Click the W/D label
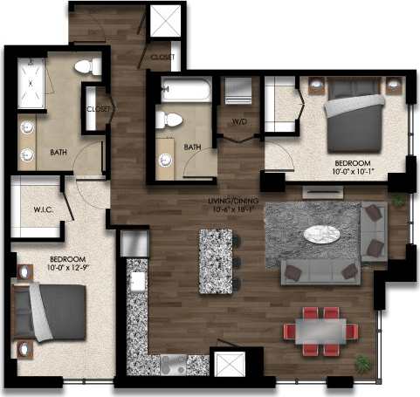click(x=237, y=121)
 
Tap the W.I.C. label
click(x=34, y=209)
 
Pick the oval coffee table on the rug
click(x=322, y=234)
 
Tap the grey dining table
click(x=320, y=330)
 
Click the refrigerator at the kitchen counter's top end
click(x=135, y=244)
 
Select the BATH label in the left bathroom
click(x=59, y=153)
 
